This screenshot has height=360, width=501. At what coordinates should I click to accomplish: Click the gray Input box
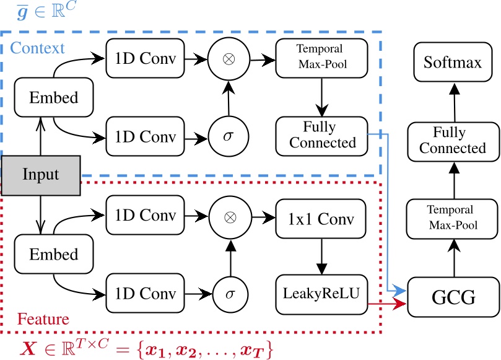point(41,173)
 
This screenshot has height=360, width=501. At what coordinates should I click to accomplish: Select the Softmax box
point(453,62)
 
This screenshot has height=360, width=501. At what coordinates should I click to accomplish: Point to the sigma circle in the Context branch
point(230,134)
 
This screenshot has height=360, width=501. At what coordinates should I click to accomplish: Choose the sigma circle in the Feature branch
point(230,291)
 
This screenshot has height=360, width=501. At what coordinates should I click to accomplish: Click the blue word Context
point(37,48)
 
